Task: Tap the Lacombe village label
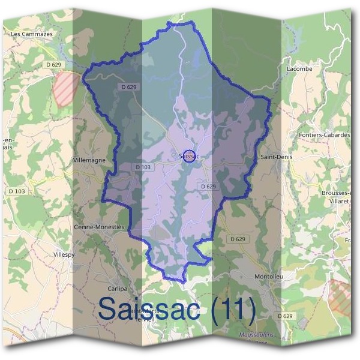pyautogui.click(x=299, y=69)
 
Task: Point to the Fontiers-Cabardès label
pyautogui.click(x=324, y=135)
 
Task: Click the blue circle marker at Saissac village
pyautogui.click(x=188, y=156)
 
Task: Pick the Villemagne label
pyautogui.click(x=88, y=161)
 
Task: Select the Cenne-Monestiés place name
pyautogui.click(x=98, y=227)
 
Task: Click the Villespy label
pyautogui.click(x=63, y=254)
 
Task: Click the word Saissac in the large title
pyautogui.click(x=150, y=308)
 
